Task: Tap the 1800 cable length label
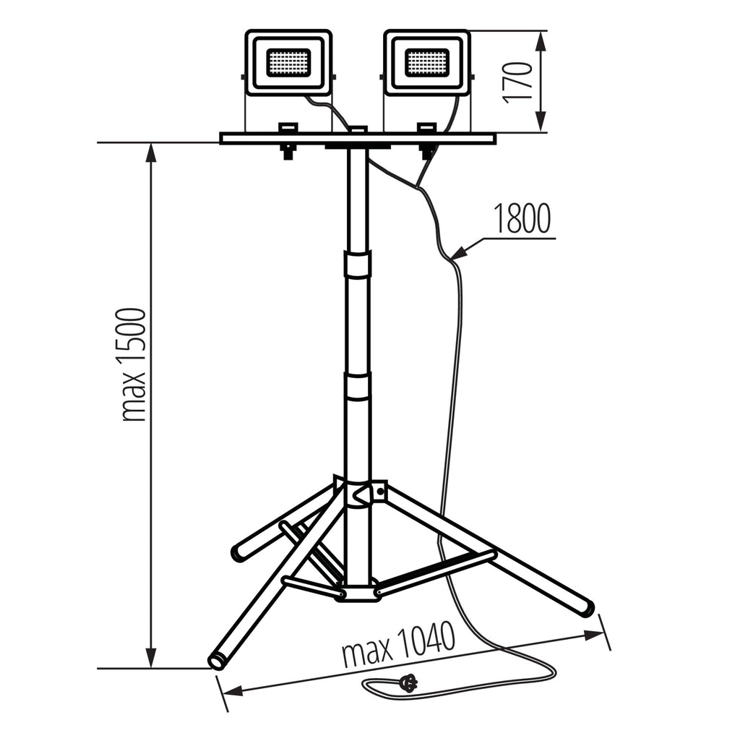(522, 218)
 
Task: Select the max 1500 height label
(133, 364)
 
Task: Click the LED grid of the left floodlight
(288, 61)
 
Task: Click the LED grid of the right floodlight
(426, 61)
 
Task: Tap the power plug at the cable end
(408, 682)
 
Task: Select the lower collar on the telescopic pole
(358, 386)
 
